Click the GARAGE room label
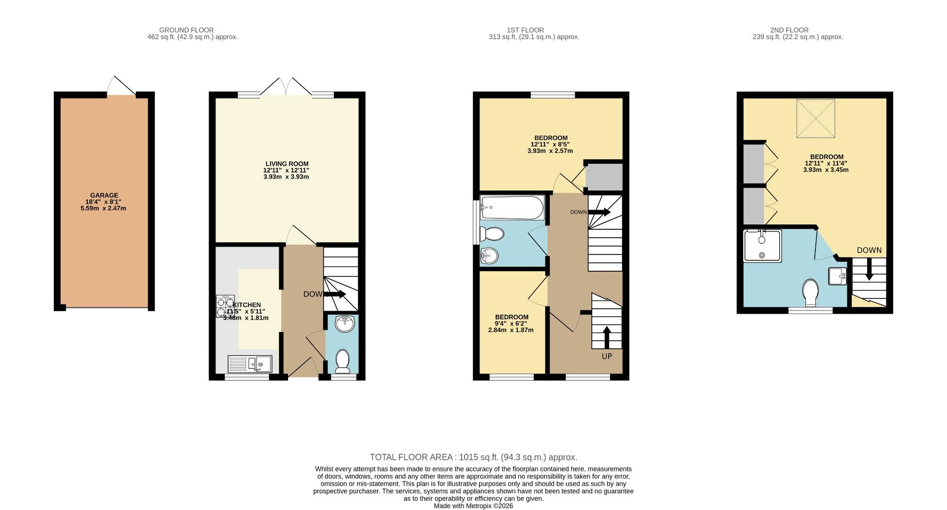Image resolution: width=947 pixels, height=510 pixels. pos(104,195)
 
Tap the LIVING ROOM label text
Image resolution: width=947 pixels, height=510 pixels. pos(287,164)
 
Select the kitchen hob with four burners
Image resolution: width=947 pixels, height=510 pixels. pos(224,306)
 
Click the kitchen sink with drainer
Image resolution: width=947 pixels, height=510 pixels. pos(250,364)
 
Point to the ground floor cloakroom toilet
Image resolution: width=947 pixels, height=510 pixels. pos(342,361)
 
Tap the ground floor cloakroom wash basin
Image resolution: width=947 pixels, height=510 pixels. pos(344,325)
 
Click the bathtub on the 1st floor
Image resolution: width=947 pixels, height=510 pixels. pos(512,208)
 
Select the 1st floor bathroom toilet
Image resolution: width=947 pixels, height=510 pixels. pos(492,234)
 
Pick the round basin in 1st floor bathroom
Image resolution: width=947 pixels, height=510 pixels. pos(489,256)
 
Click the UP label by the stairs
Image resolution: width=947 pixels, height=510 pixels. pos(607,356)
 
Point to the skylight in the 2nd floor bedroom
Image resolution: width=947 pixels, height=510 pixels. pos(816,118)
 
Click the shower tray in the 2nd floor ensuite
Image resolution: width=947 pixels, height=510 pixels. pos(763,246)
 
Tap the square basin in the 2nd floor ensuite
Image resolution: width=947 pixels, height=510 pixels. pos(838,276)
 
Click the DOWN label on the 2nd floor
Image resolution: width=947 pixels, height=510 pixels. pos(869,250)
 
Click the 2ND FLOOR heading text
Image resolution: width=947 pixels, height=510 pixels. pos(789,30)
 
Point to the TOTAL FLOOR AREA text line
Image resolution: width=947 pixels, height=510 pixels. pos(473,457)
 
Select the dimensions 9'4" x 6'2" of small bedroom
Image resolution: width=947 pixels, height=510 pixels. pos(511,324)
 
